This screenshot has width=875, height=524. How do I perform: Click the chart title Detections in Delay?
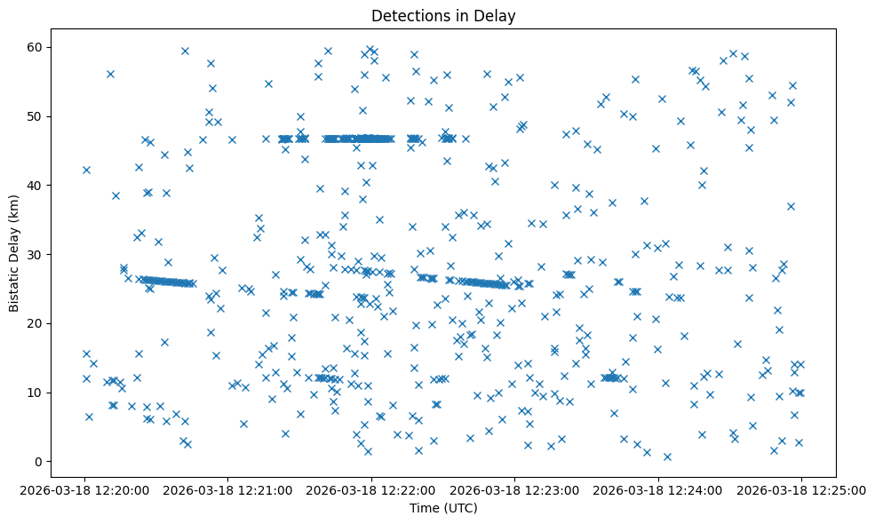click(443, 16)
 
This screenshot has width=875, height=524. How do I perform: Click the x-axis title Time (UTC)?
click(443, 508)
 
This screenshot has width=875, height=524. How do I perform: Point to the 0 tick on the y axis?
click(39, 462)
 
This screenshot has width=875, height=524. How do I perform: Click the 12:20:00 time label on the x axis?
click(85, 489)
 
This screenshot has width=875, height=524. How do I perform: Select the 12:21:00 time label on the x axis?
click(228, 489)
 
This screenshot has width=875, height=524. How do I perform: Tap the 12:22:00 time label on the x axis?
click(371, 489)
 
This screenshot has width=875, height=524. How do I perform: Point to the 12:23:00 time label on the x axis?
click(515, 489)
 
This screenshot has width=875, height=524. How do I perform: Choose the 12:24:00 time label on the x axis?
click(658, 489)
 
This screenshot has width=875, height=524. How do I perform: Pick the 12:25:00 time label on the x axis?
click(801, 489)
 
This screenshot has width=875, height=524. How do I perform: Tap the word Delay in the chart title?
click(497, 16)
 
